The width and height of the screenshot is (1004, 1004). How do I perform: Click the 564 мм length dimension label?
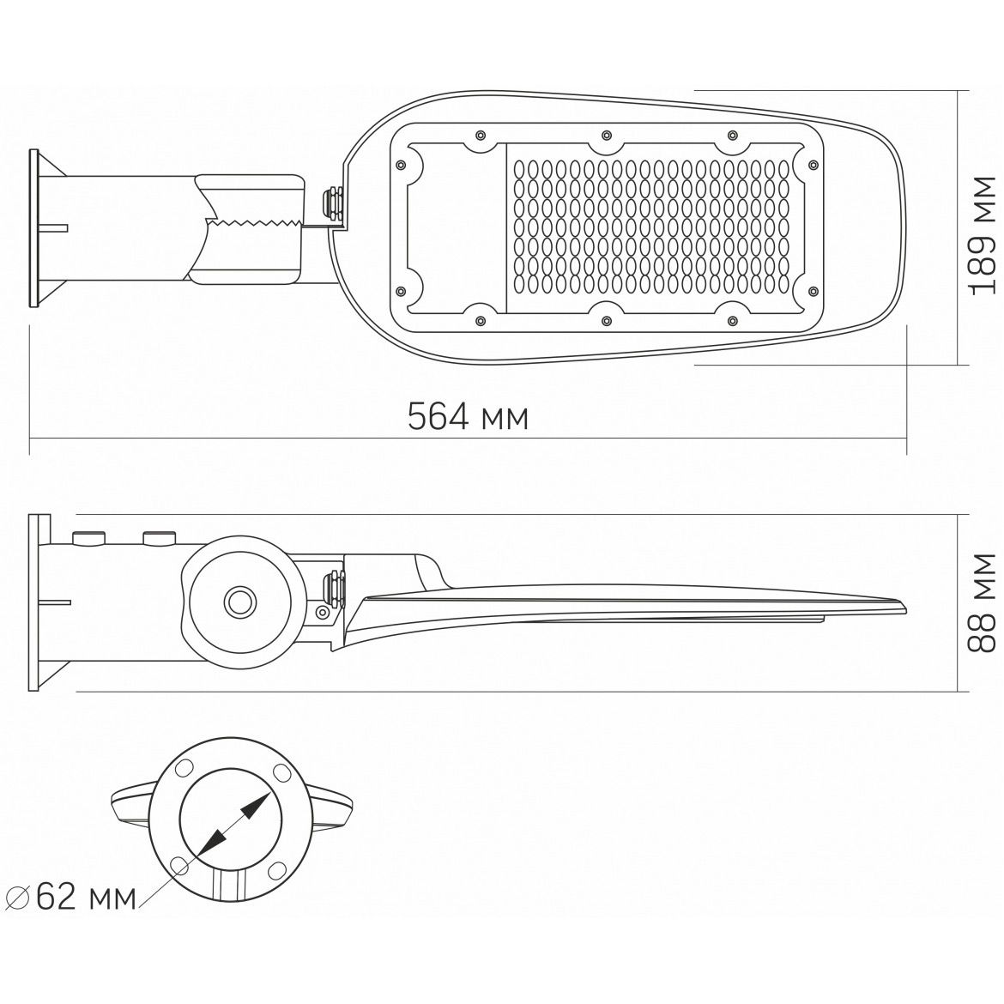coord(468,417)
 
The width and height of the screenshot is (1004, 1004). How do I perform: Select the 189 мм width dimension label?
coord(983,236)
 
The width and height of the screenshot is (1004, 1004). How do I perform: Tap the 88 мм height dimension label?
coord(983,602)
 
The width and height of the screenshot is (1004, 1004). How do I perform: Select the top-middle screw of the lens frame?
coord(606,135)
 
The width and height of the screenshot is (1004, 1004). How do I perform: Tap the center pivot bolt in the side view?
coord(240,602)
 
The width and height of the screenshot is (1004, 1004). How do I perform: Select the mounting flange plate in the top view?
coord(34,228)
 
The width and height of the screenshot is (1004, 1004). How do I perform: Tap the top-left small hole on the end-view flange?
coord(185,768)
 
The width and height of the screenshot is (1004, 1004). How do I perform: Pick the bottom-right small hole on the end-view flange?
coord(276,870)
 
